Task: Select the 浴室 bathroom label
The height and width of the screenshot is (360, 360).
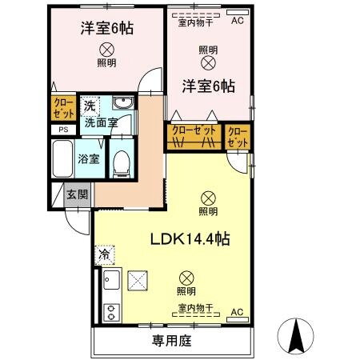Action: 87,158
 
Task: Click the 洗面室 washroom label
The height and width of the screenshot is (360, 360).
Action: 101,122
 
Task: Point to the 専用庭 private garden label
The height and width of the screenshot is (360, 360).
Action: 172,341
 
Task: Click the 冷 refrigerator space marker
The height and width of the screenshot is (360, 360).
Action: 104,255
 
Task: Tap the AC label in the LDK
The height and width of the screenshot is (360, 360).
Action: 236,311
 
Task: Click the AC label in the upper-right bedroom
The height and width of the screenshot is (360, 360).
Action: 236,22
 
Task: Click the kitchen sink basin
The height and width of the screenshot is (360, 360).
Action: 110,282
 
